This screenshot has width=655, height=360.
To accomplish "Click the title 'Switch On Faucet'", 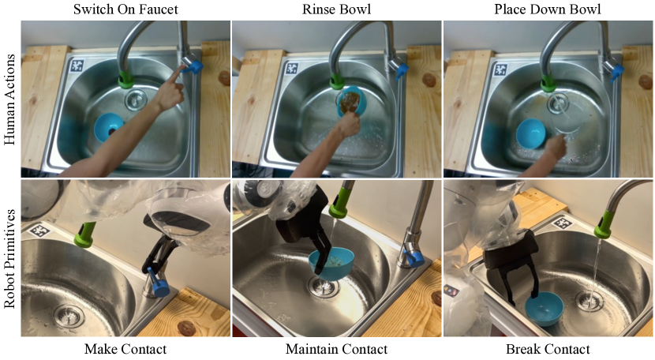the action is [x=125, y=9].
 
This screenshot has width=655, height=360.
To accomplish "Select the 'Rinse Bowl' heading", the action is [x=336, y=9].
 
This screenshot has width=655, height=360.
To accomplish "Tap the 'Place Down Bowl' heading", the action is [x=548, y=9].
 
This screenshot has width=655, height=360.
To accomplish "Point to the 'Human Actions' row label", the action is [x=9, y=99].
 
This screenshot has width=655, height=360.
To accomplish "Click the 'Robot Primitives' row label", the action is [x=9, y=259].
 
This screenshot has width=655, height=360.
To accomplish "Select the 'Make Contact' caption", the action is [x=125, y=349].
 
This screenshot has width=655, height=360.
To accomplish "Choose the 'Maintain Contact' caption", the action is [x=336, y=349].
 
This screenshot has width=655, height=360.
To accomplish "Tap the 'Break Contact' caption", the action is [x=548, y=349].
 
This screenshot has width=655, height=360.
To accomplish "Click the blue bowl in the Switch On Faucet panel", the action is [x=108, y=127].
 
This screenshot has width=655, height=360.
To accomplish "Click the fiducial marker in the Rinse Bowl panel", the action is [x=292, y=68].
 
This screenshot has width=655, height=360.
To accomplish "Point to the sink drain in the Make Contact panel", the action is [x=69, y=316].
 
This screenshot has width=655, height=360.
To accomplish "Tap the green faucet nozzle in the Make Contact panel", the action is [x=84, y=235].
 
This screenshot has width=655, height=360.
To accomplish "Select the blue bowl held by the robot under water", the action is [x=331, y=264].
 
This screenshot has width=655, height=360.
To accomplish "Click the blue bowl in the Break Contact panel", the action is [x=545, y=309].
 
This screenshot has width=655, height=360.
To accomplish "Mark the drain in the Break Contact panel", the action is [x=589, y=301].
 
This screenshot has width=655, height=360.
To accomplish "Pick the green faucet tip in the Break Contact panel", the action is [x=604, y=225].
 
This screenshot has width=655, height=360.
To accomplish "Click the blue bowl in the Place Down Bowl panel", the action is [x=530, y=133].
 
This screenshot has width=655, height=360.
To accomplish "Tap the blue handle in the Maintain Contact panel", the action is [x=414, y=257].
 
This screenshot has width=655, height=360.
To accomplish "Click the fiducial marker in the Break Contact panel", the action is [x=561, y=223].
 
